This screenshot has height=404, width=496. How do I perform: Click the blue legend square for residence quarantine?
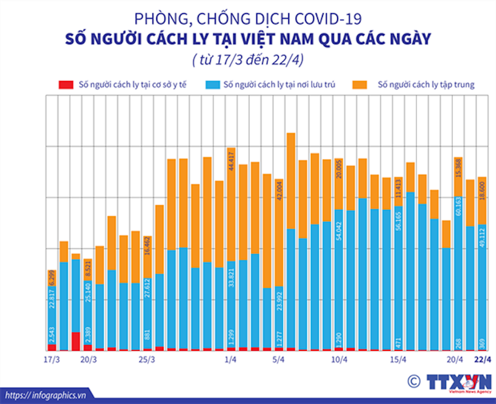pyautogui.click(x=212, y=85)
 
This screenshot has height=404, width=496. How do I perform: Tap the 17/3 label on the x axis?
pyautogui.click(x=52, y=360)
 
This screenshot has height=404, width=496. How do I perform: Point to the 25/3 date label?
pyautogui.click(x=147, y=360)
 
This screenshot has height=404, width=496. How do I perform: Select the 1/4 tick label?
pyautogui.click(x=230, y=360)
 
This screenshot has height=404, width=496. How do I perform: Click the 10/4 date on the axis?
pyautogui.click(x=339, y=360)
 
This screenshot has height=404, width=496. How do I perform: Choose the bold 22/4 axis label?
pyautogui.click(x=482, y=360)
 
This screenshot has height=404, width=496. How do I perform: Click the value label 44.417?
pyautogui.click(x=231, y=160)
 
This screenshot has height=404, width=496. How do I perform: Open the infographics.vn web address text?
pyautogui.click(x=52, y=395)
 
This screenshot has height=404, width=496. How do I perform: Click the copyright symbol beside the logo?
pyautogui.click(x=412, y=381)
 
